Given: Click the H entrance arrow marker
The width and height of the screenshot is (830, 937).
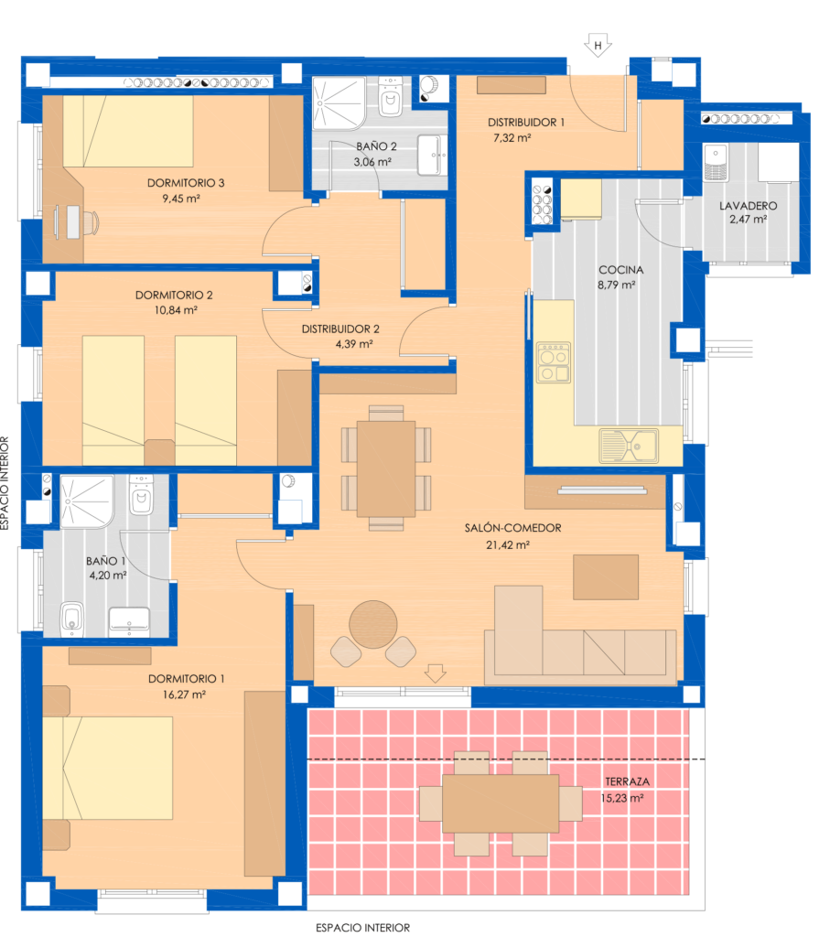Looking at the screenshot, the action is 598,46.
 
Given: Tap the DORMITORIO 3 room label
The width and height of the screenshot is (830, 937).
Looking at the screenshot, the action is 186,183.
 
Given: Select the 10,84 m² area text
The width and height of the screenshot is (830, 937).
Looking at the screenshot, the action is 176,310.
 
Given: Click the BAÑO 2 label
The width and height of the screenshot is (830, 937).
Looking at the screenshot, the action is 376,146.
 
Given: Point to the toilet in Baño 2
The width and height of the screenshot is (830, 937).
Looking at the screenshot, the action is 390,97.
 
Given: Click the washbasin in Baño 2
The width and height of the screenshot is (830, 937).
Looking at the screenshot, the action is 432,156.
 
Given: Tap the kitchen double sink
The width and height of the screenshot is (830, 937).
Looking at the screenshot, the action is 629,446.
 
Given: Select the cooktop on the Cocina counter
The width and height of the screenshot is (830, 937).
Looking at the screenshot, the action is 554,362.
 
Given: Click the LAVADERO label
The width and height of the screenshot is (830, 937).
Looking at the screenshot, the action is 749,206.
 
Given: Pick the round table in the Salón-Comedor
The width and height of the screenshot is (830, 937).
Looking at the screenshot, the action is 372,624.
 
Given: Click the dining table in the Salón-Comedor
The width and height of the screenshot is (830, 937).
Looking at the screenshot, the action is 386,468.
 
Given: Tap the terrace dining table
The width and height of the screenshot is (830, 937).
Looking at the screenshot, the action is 501,803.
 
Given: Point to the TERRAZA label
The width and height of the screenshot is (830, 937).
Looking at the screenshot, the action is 628,781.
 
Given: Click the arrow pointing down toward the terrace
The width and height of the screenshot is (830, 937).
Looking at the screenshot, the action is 435,673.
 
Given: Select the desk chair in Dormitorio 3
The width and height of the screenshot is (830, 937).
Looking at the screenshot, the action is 90,222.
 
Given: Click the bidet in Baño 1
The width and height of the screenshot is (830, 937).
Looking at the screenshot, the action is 72,619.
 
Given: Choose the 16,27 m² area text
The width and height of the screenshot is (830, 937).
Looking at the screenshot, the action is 184,695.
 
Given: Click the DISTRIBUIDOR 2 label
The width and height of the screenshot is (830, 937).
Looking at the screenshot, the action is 340,329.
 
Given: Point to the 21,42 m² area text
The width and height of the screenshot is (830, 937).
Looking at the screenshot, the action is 508,545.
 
